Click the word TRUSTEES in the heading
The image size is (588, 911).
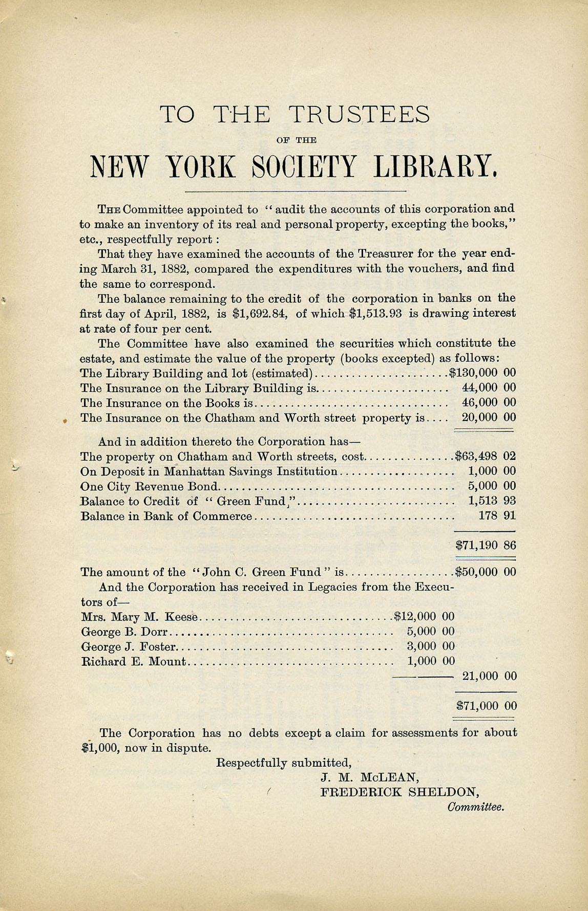(x=360, y=114)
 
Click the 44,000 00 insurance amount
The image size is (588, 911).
(x=489, y=388)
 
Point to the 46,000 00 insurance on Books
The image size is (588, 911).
(x=489, y=403)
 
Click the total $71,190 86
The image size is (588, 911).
(x=486, y=546)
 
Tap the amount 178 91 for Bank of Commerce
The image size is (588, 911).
(x=497, y=516)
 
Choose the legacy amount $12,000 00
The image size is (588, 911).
(x=424, y=617)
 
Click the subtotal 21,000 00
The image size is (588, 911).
(x=489, y=676)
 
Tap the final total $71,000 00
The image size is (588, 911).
(x=486, y=706)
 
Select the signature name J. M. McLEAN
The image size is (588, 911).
(x=370, y=777)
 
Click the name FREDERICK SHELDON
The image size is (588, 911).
(x=400, y=792)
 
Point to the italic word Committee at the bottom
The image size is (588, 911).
(x=476, y=807)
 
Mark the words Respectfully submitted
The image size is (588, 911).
(x=284, y=763)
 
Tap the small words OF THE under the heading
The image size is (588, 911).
(x=296, y=140)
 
